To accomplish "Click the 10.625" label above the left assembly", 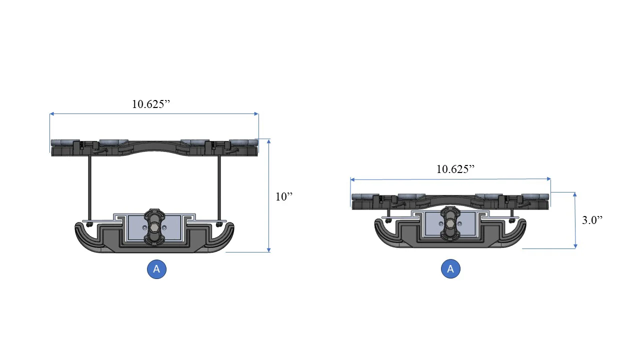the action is click(x=151, y=104).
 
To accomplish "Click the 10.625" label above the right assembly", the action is click(x=455, y=169).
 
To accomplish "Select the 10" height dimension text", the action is click(x=284, y=196).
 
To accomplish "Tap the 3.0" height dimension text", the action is click(x=592, y=220).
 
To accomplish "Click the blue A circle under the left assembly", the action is click(x=156, y=269).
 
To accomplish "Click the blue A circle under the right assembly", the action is click(x=450, y=268).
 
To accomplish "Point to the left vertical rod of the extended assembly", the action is click(x=89, y=188).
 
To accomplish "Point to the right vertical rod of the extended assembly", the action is click(x=219, y=188).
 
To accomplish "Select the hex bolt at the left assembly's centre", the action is click(x=154, y=227).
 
